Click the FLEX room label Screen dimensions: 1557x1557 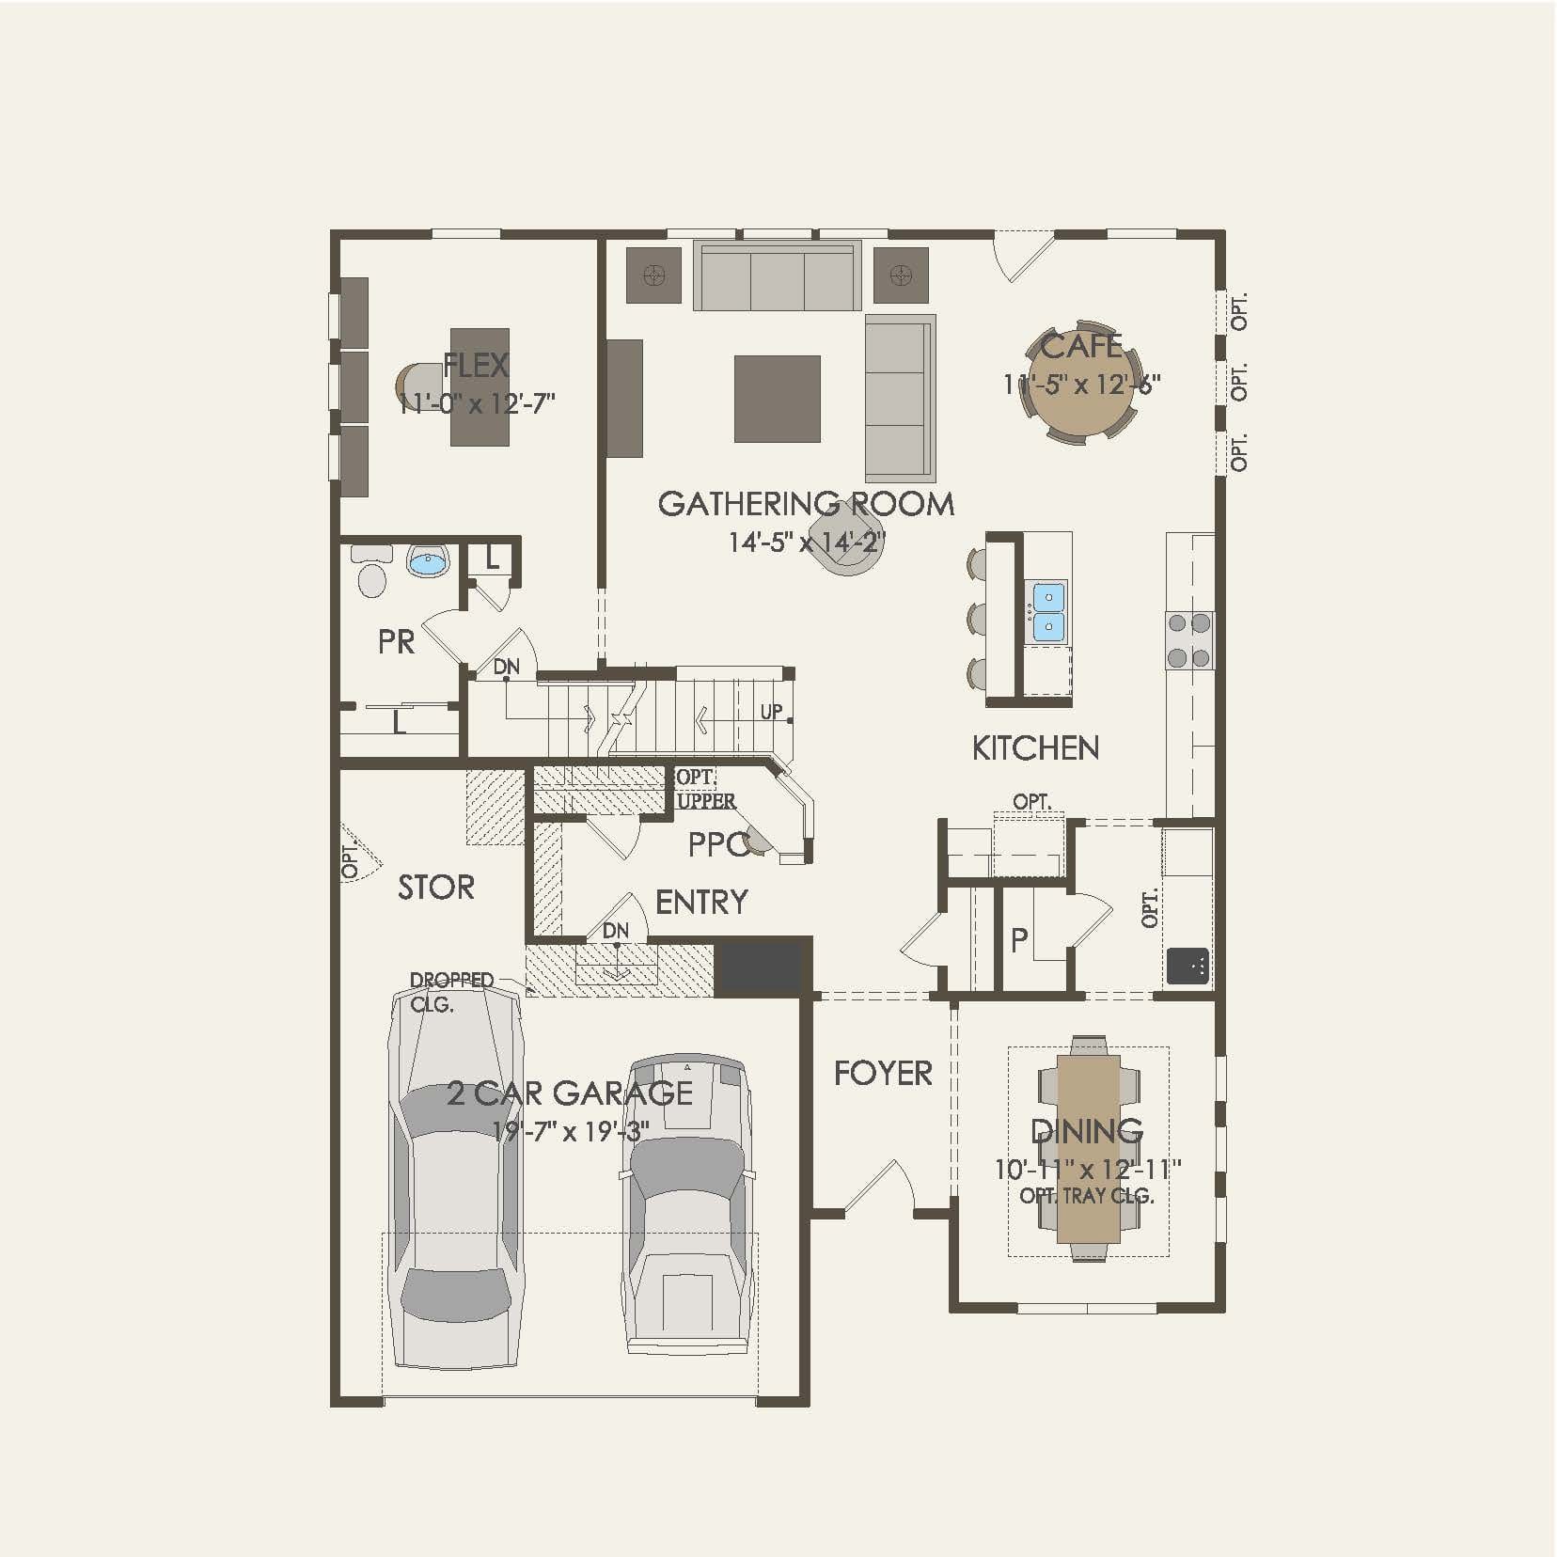pos(476,365)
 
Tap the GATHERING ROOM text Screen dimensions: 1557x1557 pos(806,504)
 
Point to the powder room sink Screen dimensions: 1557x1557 pos(429,563)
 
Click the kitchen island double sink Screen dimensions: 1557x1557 pos(1048,612)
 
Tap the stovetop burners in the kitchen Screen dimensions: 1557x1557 pos(1188,639)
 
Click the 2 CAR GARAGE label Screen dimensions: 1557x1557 pos(570,1093)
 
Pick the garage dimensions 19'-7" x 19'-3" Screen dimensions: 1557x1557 pos(570,1131)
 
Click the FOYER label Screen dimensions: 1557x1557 pos(883,1073)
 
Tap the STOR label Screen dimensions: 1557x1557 pos(436,888)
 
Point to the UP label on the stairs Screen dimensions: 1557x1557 pos(771,712)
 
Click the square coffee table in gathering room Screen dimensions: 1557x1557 pos(777,399)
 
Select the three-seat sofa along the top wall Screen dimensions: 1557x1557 pos(778,278)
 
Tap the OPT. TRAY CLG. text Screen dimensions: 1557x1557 pos(1087,1196)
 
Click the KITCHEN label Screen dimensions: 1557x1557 pos(1035,748)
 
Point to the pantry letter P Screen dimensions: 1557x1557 pos(1019,940)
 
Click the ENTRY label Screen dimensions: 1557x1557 pos(701,903)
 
